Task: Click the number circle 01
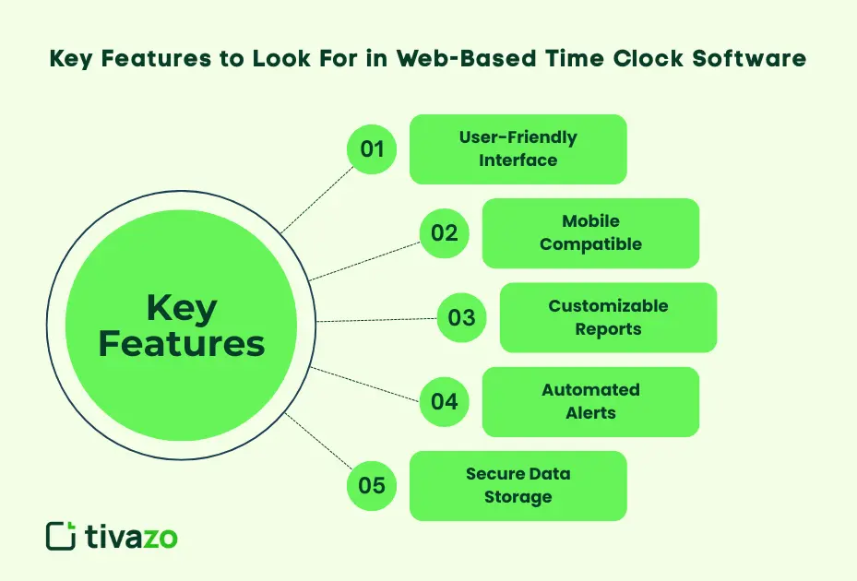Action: pyautogui.click(x=372, y=148)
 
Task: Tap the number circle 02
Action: pyautogui.click(x=445, y=232)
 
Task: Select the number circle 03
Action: pyautogui.click(x=461, y=317)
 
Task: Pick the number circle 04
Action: pyautogui.click(x=445, y=401)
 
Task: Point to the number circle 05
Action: pyautogui.click(x=372, y=485)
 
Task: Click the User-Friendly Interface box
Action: pyautogui.click(x=518, y=148)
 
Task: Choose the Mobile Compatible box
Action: pyautogui.click(x=590, y=232)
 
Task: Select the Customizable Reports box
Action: pyautogui.click(x=608, y=317)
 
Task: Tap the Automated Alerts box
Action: pyautogui.click(x=590, y=401)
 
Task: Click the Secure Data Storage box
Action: pyautogui.click(x=518, y=485)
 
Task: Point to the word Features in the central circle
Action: pyautogui.click(x=182, y=344)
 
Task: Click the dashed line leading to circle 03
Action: pyautogui.click(x=376, y=320)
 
